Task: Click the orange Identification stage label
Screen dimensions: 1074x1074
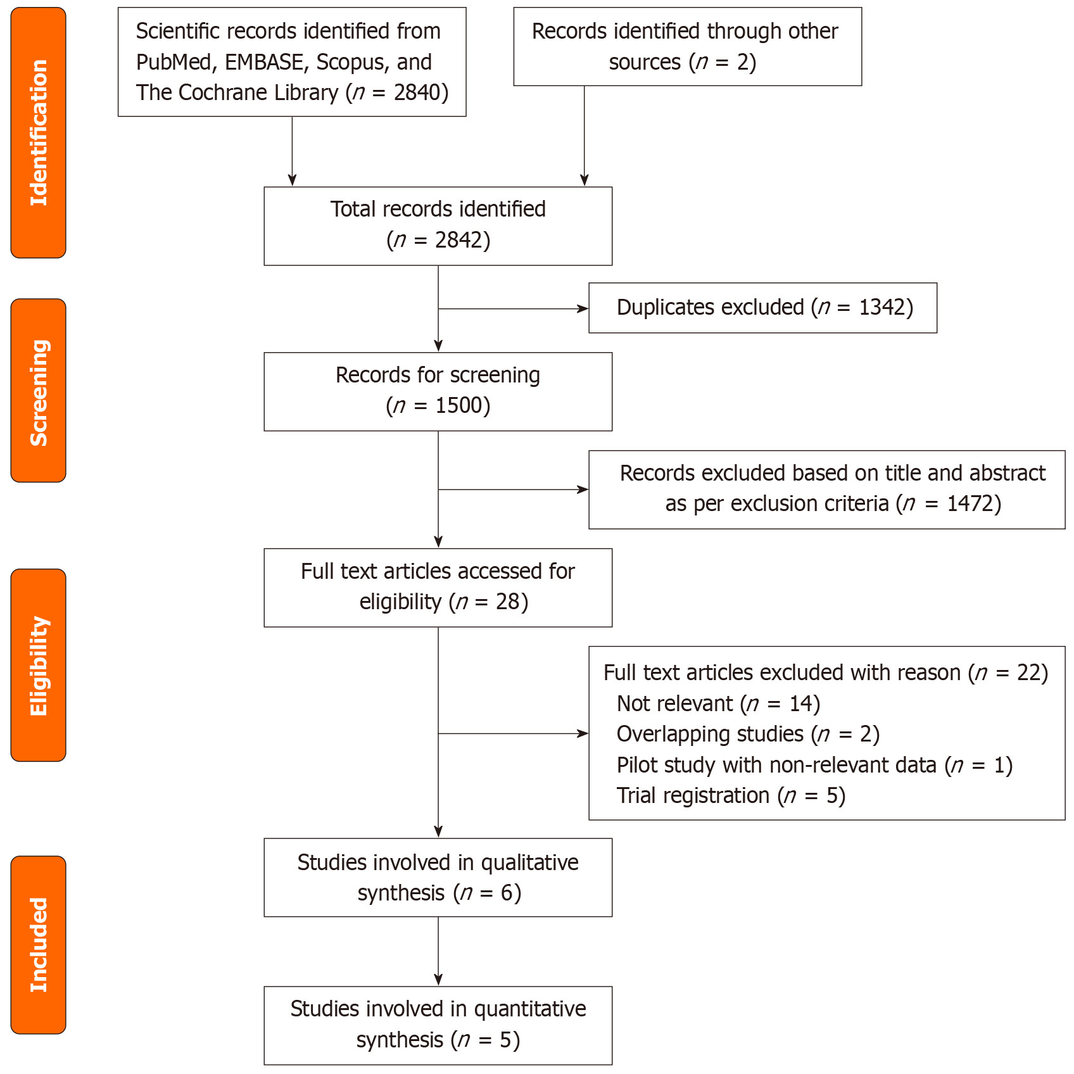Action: pyautogui.click(x=38, y=133)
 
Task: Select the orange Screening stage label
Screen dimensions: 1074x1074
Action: pyautogui.click(x=38, y=391)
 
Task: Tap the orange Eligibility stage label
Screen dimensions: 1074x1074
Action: pyautogui.click(x=38, y=665)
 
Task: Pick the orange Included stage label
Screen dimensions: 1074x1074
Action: pyautogui.click(x=38, y=944)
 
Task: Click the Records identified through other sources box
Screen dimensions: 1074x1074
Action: pyautogui.click(x=687, y=47)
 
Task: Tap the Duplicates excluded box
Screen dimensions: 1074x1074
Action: pyautogui.click(x=762, y=308)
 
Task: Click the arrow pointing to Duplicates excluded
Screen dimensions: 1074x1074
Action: pyautogui.click(x=513, y=309)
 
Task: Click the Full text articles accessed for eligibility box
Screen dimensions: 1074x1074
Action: pyautogui.click(x=438, y=588)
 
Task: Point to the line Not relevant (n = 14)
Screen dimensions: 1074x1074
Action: pyautogui.click(x=718, y=704)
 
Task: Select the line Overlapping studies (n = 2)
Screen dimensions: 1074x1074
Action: pyautogui.click(x=748, y=734)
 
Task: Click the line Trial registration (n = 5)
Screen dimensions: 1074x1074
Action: pyautogui.click(x=731, y=795)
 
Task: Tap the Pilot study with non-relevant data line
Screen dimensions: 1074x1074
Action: pyautogui.click(x=814, y=765)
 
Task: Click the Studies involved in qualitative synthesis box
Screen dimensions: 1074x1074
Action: pyautogui.click(x=438, y=878)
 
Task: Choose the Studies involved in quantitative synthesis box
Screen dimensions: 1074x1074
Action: pyautogui.click(x=438, y=1025)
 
